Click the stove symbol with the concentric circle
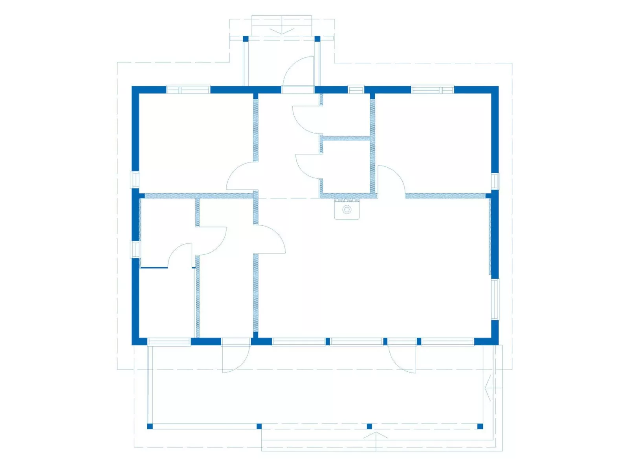point(347,210)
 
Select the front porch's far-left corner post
point(150,426)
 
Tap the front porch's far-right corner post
point(480,426)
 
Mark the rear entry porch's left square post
point(246,38)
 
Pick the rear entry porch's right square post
point(317,38)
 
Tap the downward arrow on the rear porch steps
point(282,30)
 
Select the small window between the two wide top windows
point(356,90)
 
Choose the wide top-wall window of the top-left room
point(188,90)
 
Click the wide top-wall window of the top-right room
point(432,90)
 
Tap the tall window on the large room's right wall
point(495,300)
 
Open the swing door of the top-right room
point(391,179)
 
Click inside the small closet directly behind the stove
point(346,167)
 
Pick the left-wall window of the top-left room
point(135,179)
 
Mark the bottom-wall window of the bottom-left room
point(169,342)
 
